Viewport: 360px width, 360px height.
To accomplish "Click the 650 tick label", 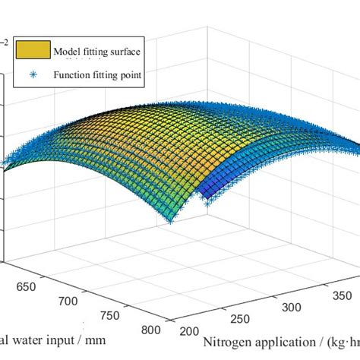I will (27, 288).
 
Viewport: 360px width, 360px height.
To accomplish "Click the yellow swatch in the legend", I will (32, 52).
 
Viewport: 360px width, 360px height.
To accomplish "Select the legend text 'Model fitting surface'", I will (96, 52).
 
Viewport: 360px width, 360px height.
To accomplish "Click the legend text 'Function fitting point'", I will (97, 74).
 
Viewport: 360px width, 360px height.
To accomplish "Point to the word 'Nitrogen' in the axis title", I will (226, 342).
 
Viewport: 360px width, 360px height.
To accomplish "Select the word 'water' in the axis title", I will (28, 342).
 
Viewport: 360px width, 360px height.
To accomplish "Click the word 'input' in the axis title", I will (65, 342).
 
